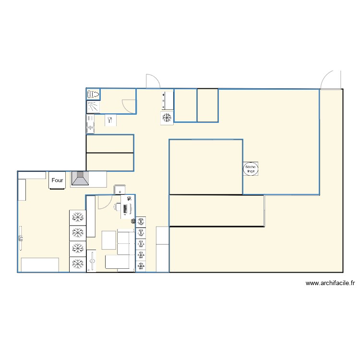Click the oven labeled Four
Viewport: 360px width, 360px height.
57,180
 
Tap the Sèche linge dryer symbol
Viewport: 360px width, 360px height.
251,169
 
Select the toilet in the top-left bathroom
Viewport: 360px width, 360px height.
93,94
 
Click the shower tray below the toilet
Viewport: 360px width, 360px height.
94,107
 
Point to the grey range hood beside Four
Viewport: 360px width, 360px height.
80,178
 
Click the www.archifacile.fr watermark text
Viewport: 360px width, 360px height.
330,283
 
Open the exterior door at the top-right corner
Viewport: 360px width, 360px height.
331,80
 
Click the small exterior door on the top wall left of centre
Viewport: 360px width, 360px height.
153,81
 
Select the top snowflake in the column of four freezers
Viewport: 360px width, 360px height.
78,217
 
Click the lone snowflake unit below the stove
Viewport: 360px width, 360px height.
167,118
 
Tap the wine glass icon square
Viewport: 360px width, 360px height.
110,120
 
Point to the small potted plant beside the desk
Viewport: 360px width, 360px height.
133,221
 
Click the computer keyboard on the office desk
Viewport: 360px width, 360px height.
125,209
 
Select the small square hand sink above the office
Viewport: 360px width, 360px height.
120,190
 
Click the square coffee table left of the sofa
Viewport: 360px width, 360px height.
109,240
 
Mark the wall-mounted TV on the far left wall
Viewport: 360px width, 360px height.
21,238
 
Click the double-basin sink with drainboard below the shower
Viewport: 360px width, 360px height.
90,124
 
